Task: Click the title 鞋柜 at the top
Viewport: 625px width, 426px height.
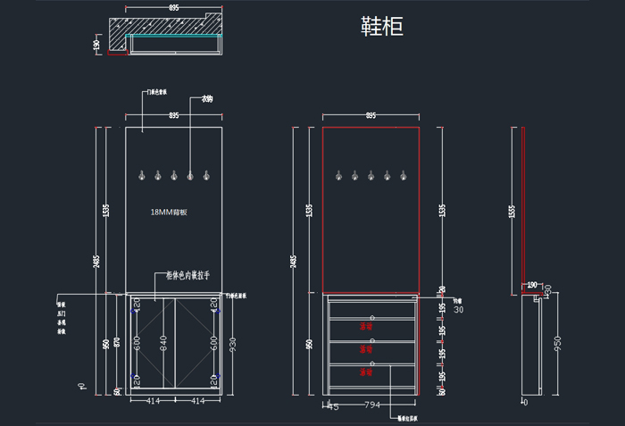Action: [x=382, y=27]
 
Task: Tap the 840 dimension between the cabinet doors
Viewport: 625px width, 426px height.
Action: [x=163, y=342]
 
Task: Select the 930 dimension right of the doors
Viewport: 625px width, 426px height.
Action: [x=234, y=343]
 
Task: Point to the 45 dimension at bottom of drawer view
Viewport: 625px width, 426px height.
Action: [x=333, y=406]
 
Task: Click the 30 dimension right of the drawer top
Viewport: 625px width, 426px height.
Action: [x=459, y=310]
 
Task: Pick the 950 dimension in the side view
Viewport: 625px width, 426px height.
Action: [x=559, y=343]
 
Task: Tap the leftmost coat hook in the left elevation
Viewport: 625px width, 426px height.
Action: [x=140, y=175]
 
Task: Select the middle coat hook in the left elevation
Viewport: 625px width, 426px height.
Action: [x=173, y=175]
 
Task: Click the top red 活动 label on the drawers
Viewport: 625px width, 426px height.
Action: [x=365, y=327]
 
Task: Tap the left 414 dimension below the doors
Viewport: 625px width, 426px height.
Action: [x=153, y=403]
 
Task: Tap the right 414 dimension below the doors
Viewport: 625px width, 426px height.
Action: [x=197, y=403]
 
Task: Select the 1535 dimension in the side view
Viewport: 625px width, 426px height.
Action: [x=512, y=210]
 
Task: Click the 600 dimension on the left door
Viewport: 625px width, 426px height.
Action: [x=137, y=342]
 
